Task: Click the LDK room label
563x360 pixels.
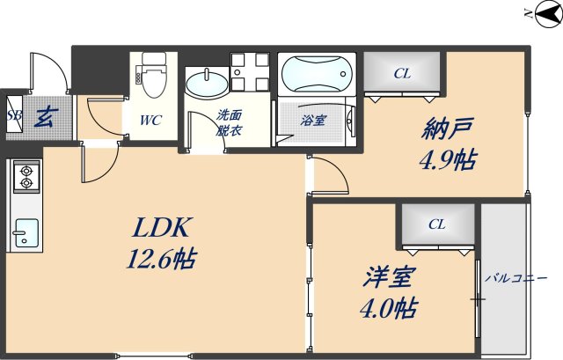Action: pos(161,230)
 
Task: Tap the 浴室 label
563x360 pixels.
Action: pos(313,120)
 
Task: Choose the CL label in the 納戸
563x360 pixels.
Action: pos(402,73)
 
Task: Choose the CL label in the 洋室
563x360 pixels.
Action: pos(437,224)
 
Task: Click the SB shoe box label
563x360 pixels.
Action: pos(14,115)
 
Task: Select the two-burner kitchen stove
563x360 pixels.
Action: pos(26,176)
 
